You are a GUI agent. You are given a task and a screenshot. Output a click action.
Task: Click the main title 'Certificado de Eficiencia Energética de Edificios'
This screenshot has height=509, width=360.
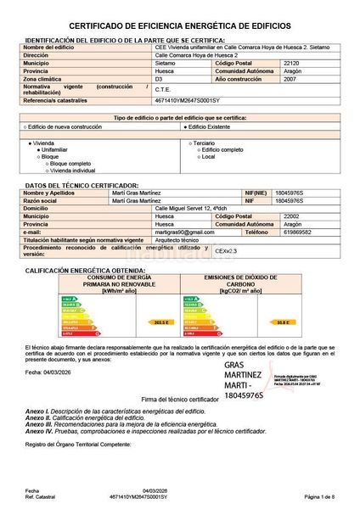(x=180, y=27)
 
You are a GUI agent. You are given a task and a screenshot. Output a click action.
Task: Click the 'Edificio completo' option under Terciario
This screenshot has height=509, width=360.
(x=226, y=149)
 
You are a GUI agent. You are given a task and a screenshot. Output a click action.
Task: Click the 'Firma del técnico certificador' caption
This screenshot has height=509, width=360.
(x=179, y=397)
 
